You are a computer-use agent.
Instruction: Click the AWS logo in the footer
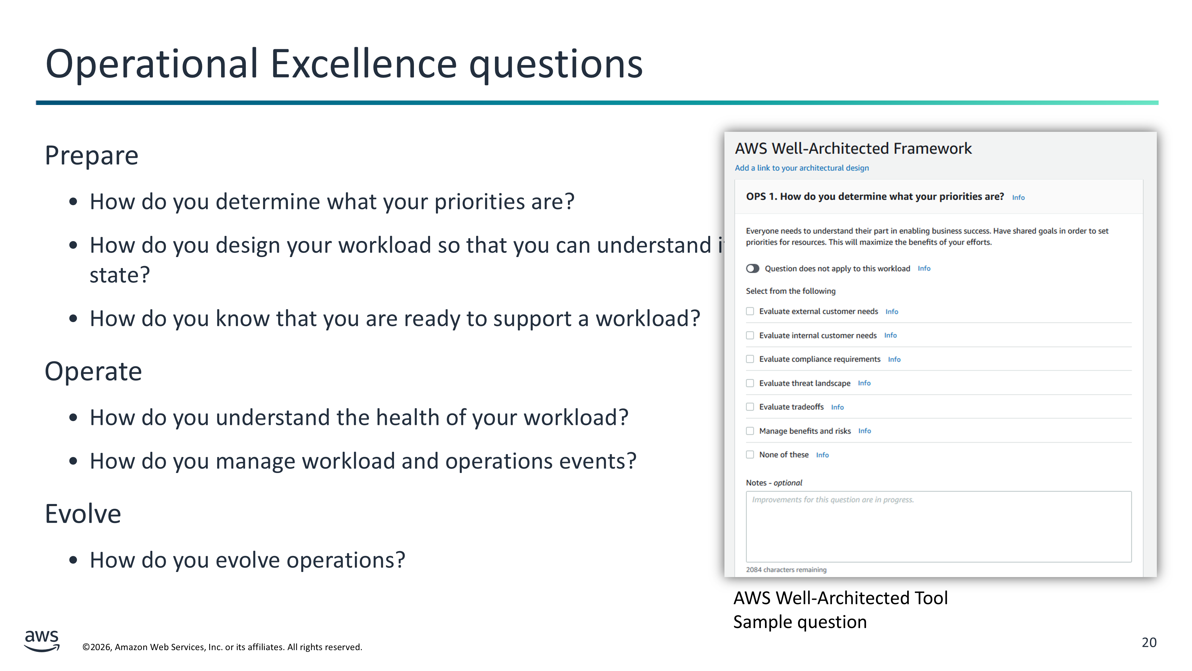click(x=42, y=641)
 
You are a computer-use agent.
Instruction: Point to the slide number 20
click(x=1149, y=642)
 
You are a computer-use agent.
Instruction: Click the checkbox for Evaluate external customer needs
click(x=750, y=311)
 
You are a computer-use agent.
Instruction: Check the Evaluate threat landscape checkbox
click(x=750, y=383)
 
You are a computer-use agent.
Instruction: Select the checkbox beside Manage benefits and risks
click(x=750, y=431)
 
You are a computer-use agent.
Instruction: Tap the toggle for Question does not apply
click(x=753, y=269)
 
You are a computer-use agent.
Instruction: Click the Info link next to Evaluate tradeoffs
click(x=837, y=407)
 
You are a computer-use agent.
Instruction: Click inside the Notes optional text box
click(x=938, y=527)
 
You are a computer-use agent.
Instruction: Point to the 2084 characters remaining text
click(x=786, y=570)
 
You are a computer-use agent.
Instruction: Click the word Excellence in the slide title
click(x=364, y=64)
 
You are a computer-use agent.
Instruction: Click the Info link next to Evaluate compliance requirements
click(x=894, y=359)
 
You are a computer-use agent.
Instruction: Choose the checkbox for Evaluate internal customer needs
click(x=750, y=335)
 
